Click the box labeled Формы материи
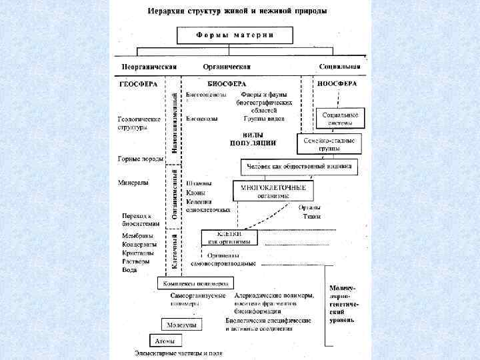click(x=235, y=35)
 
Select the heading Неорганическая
click(x=149, y=67)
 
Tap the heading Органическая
click(x=227, y=67)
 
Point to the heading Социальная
click(x=340, y=67)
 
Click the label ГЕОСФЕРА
click(x=138, y=85)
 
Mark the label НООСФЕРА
click(x=337, y=84)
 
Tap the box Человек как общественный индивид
click(x=299, y=166)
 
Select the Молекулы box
click(x=181, y=325)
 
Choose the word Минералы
click(x=133, y=182)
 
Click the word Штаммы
click(x=199, y=183)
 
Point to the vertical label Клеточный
click(x=175, y=251)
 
